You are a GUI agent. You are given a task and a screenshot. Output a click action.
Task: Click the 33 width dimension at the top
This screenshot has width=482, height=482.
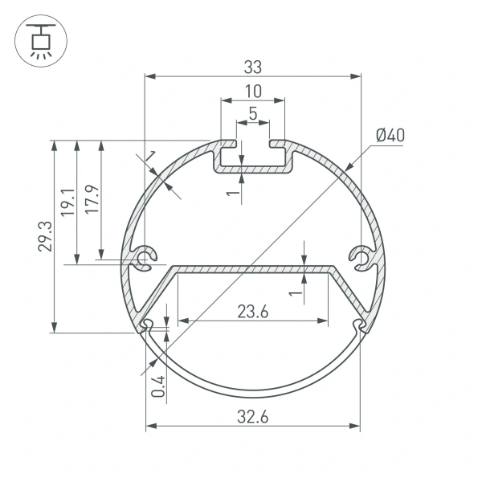(252, 66)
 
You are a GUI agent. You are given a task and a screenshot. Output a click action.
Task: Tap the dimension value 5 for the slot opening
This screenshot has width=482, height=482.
(252, 113)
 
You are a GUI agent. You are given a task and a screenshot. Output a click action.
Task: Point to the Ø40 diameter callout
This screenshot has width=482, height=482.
(389, 135)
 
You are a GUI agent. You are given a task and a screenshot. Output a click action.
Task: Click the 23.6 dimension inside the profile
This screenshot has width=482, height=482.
(252, 311)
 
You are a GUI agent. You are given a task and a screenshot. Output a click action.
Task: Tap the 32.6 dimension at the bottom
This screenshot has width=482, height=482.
(252, 415)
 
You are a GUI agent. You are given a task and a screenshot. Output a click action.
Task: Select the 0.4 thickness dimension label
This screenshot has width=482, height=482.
(158, 386)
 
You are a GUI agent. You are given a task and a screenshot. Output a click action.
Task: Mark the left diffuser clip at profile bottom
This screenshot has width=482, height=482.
(147, 325)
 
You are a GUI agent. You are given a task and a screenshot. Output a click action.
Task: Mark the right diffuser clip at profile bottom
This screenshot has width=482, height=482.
(358, 325)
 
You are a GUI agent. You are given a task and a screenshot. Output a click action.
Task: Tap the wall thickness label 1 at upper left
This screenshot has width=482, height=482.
(150, 155)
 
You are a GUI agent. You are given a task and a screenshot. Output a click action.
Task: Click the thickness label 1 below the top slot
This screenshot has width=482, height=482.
(230, 192)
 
